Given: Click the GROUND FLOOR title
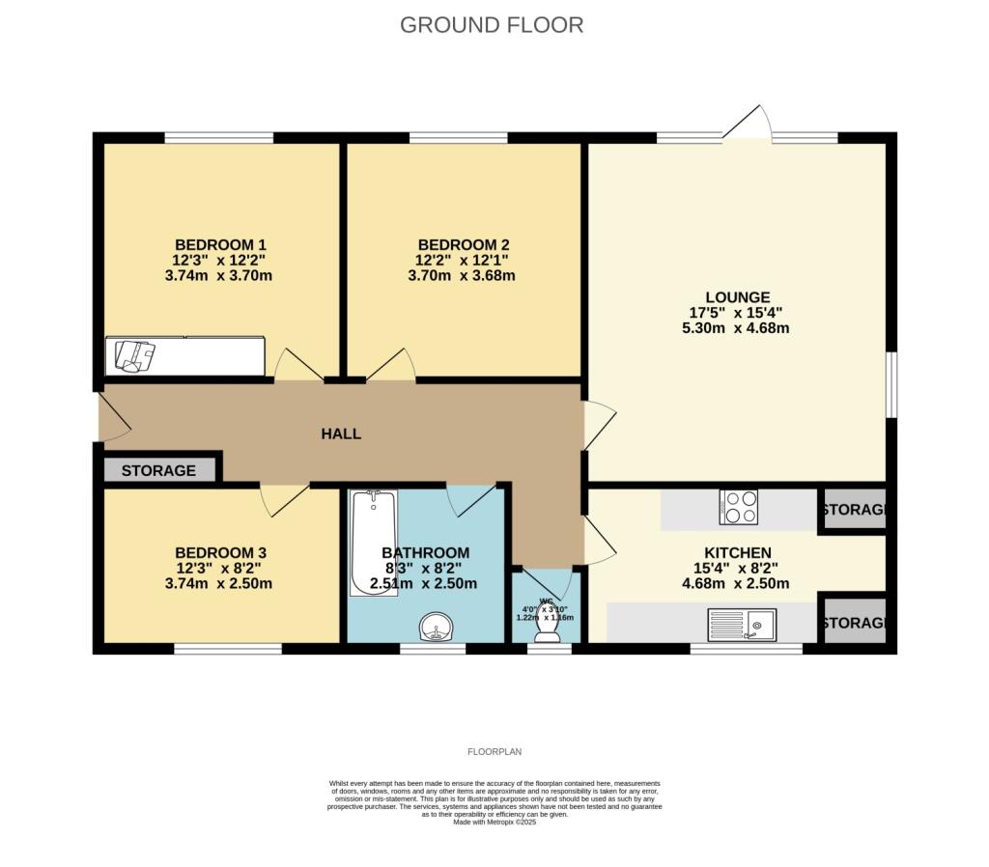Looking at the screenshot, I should coord(492,25).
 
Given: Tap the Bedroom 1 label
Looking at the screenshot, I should coord(220,244).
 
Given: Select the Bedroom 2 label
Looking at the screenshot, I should coord(464,244).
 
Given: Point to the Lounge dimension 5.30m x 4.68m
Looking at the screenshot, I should coord(736,328).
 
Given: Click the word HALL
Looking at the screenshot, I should coord(341,433).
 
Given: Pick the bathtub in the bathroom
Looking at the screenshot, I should coord(373,543).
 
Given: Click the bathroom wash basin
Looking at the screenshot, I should coord(438,628).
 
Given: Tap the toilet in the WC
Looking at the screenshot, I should coord(548,628).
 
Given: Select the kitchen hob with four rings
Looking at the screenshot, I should coord(738,508).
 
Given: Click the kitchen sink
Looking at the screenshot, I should coord(742,625).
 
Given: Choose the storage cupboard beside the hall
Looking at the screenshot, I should coord(159,470).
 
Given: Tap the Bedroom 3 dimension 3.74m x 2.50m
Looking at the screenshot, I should coord(220,583).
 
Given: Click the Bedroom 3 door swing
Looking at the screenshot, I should coord(284,497).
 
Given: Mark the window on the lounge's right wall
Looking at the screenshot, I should coord(891,386).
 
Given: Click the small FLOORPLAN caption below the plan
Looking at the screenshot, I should coord(494,751).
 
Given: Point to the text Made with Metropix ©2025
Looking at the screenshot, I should coord(494,822).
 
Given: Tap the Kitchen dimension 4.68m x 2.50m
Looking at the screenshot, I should coord(736,583).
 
